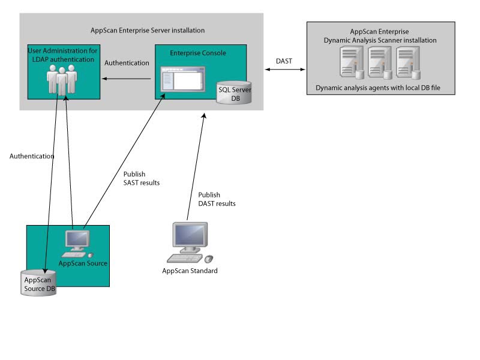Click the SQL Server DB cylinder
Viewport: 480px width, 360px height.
pyautogui.click(x=232, y=91)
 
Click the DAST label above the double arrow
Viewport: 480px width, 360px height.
pyautogui.click(x=284, y=61)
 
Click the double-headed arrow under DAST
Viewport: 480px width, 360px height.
pyautogui.click(x=285, y=70)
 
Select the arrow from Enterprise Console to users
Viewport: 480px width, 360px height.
pyautogui.click(x=126, y=78)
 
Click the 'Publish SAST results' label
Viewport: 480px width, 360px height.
pyautogui.click(x=137, y=178)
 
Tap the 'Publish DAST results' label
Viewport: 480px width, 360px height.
pyautogui.click(x=217, y=199)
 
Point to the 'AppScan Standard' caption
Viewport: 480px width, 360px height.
pyautogui.click(x=190, y=271)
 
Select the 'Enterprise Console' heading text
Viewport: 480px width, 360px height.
pyautogui.click(x=197, y=53)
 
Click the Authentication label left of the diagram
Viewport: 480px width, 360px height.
pyautogui.click(x=32, y=156)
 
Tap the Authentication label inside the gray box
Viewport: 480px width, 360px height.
pyautogui.click(x=127, y=62)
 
